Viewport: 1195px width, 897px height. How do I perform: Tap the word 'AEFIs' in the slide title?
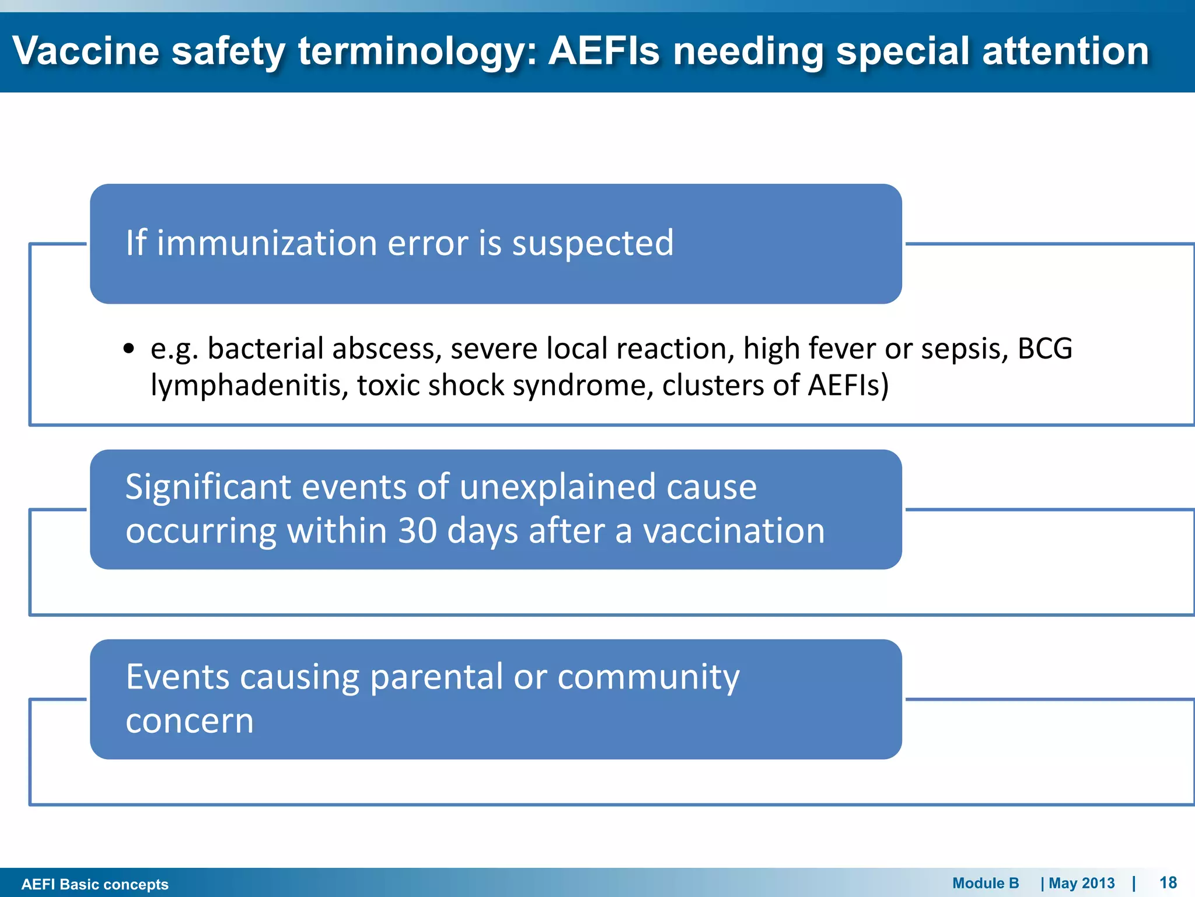[604, 51]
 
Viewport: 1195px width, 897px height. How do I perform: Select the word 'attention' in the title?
[1065, 51]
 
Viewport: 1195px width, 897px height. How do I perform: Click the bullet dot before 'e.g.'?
[129, 349]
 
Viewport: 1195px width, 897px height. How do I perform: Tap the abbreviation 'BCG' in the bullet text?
[1044, 349]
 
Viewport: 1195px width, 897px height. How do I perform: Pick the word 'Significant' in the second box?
[208, 487]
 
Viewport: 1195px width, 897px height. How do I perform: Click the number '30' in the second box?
[417, 531]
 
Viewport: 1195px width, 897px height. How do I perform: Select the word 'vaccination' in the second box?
[733, 531]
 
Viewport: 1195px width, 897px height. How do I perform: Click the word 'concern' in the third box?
[190, 721]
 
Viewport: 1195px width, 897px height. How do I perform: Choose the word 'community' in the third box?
[648, 677]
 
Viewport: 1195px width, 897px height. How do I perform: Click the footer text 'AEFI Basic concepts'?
[95, 884]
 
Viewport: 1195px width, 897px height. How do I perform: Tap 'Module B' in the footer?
[986, 883]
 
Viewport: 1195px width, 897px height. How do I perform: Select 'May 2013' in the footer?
[1081, 883]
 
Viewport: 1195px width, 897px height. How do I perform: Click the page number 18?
[1168, 882]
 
